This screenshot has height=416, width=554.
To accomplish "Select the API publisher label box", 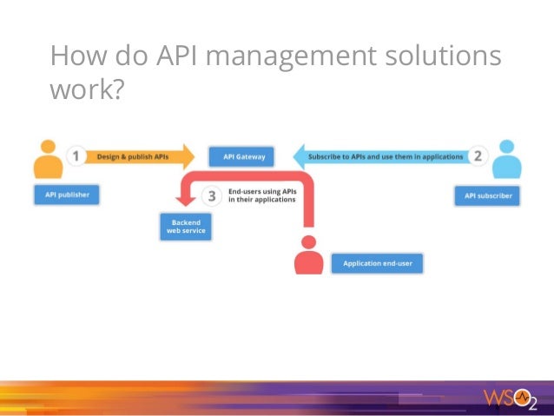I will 67,195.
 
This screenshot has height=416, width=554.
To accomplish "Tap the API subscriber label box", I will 488,195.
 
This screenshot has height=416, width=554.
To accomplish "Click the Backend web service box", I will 186,228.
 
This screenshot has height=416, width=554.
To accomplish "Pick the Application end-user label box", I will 377,263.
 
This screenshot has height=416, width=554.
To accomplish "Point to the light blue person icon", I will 507,159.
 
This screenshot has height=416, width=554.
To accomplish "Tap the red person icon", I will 307,256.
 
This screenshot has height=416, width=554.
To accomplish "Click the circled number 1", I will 76,157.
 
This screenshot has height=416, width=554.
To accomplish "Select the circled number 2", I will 478,156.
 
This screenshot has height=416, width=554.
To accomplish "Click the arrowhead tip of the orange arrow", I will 194,157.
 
